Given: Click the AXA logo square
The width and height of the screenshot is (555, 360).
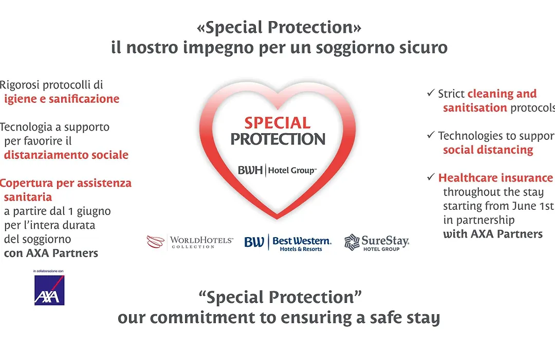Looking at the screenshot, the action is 49,290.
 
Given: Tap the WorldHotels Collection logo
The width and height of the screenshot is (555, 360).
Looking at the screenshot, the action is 190,242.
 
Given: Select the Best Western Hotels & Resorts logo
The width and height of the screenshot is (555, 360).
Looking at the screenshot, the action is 288,243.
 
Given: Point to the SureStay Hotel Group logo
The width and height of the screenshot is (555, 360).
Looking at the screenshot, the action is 377,243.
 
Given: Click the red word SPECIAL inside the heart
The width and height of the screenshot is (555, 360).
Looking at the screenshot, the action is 277,123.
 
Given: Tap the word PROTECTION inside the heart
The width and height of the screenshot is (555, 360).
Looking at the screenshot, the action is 278,139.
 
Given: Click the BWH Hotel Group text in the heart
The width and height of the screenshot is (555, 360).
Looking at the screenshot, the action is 277,170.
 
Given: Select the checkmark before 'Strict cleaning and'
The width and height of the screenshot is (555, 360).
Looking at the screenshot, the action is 431,93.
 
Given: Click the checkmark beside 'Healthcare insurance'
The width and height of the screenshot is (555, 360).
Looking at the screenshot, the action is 431,177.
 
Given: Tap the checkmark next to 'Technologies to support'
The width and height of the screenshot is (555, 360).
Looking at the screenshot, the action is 431,135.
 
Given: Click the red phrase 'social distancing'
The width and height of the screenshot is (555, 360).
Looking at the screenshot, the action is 488,150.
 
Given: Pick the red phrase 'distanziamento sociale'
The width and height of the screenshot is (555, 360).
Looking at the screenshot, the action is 66,155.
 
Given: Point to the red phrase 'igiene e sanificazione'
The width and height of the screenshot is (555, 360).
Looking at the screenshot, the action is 62,99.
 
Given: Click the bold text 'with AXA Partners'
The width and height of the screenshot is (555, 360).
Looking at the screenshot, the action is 493,234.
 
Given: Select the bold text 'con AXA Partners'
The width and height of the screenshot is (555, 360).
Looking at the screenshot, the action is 51,253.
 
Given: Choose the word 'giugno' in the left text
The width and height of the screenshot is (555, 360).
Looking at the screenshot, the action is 94,212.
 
